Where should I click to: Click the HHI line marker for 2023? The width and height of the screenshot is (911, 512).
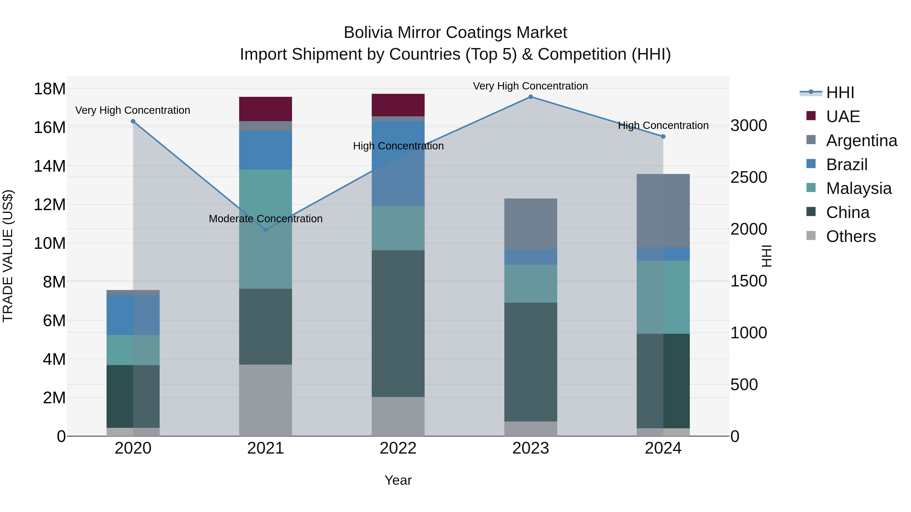point(530,97)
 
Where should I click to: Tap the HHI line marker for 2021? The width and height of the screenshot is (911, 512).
point(266,230)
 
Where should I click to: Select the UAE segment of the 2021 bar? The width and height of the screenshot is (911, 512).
point(266,109)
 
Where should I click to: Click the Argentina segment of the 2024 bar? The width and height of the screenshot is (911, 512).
point(663,211)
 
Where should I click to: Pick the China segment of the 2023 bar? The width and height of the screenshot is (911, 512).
point(530,362)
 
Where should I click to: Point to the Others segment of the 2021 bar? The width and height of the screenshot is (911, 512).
point(266,400)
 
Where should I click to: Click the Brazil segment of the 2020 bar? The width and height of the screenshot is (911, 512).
point(133,315)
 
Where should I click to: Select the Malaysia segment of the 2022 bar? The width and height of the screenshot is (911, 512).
point(398,228)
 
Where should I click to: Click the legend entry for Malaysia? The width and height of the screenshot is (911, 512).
point(858,188)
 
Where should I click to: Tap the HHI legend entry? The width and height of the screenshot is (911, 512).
point(840,93)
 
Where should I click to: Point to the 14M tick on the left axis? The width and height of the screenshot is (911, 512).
point(50,166)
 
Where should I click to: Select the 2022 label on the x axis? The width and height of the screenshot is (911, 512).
point(398,448)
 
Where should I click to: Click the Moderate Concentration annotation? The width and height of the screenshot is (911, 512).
point(266,219)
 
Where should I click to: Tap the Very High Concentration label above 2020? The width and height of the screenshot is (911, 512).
point(133,110)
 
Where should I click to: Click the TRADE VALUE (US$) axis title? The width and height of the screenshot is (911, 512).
point(8,256)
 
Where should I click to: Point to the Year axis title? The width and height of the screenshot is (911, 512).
point(398,480)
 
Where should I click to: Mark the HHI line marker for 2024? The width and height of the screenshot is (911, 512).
point(663,136)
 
